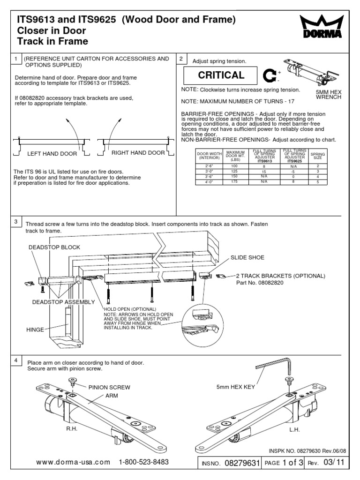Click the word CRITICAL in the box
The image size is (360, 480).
pos(221,75)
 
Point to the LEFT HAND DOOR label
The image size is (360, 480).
pos(48,153)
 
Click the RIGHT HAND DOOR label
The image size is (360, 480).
pos(138,153)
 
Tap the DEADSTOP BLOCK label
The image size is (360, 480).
pos(54,247)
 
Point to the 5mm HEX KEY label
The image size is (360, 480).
pos(236,388)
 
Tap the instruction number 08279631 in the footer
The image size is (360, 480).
pos(242,463)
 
